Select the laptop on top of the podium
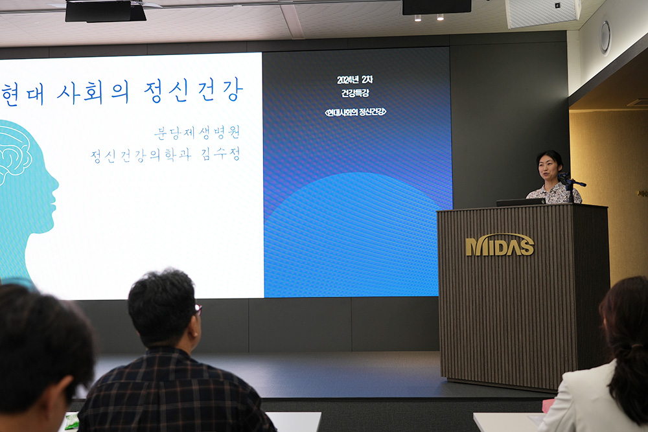521,202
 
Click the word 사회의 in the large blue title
93,92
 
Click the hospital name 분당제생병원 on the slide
197,133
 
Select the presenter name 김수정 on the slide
220,154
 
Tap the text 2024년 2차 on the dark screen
354,80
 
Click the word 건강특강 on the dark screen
354,93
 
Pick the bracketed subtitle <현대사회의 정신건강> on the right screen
355,111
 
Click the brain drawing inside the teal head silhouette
14,153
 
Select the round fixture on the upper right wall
605,38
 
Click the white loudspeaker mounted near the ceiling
542,12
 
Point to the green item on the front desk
72,421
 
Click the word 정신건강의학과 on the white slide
141,155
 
